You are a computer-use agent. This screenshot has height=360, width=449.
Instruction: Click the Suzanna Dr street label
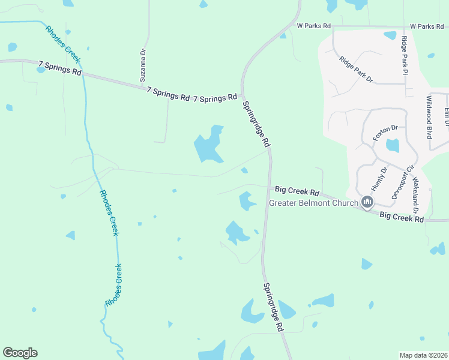[143, 65]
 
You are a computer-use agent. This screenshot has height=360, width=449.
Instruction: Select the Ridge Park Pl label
[405, 55]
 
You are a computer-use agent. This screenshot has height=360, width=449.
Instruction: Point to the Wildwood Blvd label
[430, 117]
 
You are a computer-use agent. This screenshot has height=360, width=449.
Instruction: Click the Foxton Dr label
[385, 133]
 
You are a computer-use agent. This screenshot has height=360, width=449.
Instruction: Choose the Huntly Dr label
[379, 178]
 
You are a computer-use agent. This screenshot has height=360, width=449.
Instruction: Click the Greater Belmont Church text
[313, 203]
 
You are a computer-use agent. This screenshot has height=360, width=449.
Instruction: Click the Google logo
[20, 353]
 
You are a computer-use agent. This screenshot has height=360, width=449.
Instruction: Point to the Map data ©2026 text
[423, 355]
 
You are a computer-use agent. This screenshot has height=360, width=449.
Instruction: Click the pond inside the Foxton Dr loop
[393, 145]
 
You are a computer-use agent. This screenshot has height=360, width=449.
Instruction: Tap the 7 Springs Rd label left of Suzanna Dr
[59, 67]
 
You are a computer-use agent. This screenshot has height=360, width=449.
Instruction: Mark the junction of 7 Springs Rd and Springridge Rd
[242, 95]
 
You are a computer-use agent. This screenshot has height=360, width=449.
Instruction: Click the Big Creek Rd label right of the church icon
[402, 217]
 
